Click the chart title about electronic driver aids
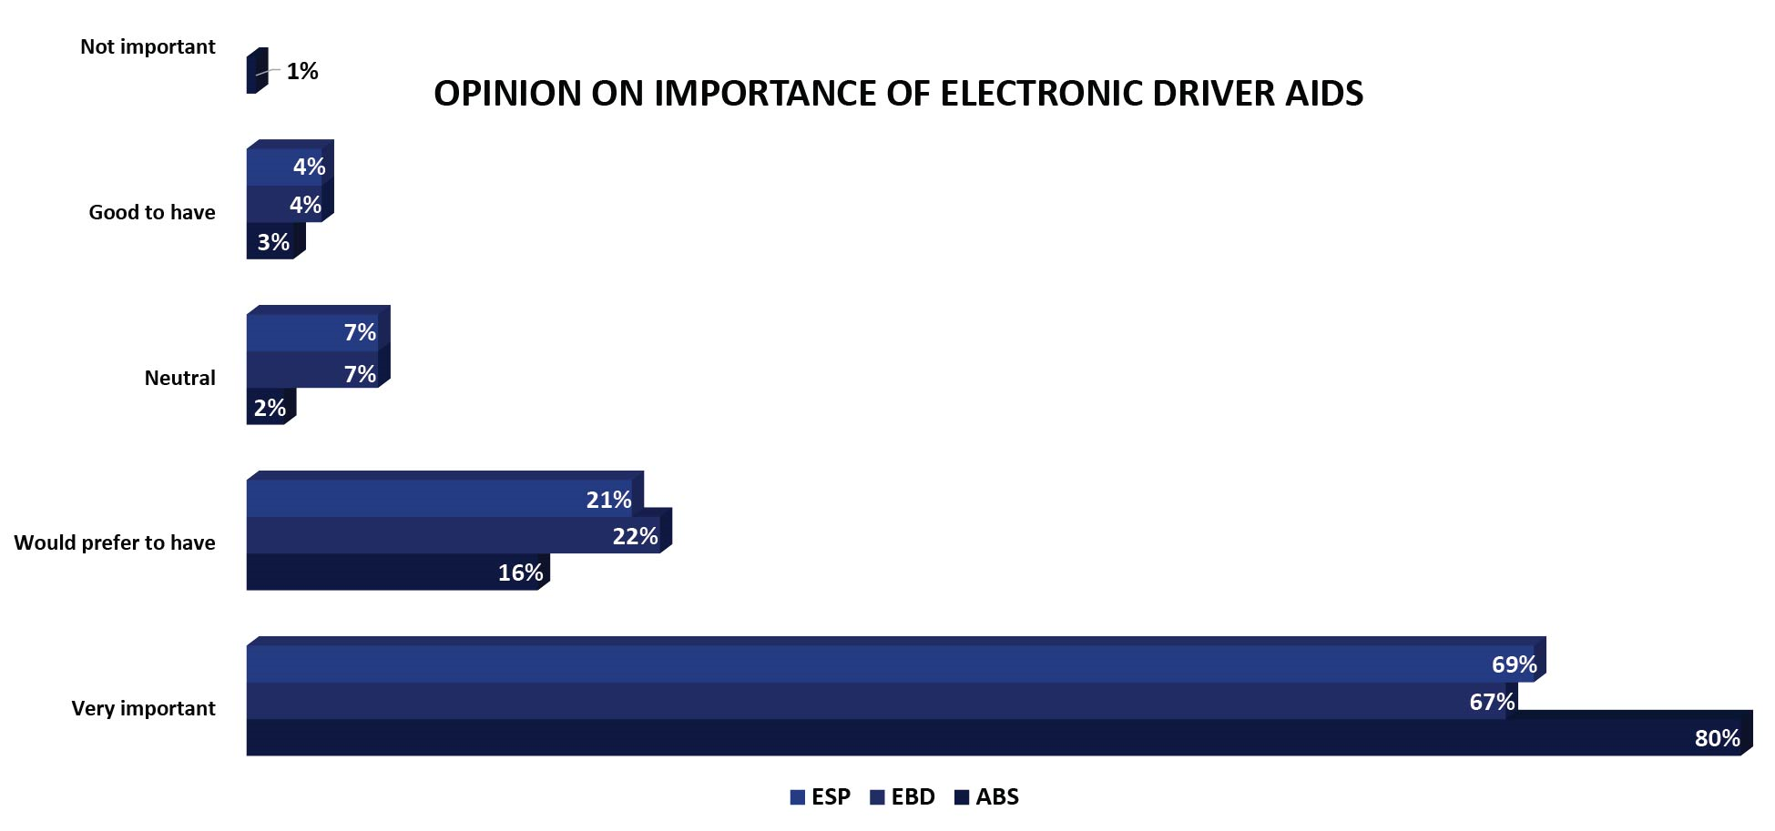click(x=898, y=93)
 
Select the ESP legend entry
click(x=820, y=797)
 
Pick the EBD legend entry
click(x=903, y=797)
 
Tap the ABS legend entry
click(x=986, y=797)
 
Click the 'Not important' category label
click(x=148, y=46)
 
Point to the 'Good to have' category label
click(x=152, y=212)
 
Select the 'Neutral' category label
click(x=180, y=378)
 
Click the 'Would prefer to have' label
click(x=115, y=542)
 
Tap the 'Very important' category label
click(x=144, y=708)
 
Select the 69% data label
click(x=1514, y=664)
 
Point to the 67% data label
click(x=1492, y=702)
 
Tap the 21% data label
click(x=608, y=500)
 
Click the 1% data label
click(x=302, y=71)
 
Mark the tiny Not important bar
click(x=257, y=71)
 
